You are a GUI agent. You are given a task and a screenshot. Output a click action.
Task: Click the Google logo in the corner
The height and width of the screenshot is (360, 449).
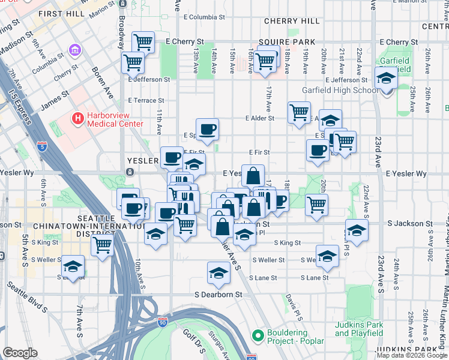coord(20,353)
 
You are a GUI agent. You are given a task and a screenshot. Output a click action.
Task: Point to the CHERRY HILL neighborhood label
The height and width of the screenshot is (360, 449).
coord(292,21)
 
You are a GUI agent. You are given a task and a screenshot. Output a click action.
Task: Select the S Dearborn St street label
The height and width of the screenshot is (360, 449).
coord(218,295)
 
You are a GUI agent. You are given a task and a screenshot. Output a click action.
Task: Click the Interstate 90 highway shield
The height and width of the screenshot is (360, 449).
coord(163,322)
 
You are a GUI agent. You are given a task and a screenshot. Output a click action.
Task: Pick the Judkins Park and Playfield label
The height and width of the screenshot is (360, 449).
coord(359,329)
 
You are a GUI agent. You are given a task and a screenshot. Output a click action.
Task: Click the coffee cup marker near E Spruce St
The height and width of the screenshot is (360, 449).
coord(207,129)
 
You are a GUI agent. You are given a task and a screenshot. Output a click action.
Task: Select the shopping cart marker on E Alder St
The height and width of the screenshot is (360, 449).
coord(299,112)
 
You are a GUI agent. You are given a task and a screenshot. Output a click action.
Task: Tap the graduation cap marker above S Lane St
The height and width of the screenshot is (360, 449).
coord(218,272)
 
